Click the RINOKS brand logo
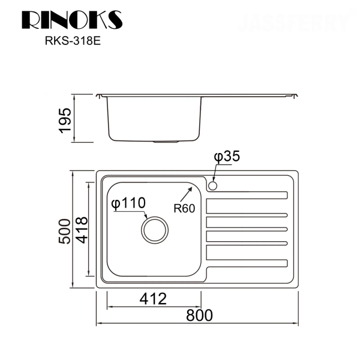coord(72,19)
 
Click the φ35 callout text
coord(227,157)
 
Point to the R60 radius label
coord(184,209)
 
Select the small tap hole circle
coord(212,187)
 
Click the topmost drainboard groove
coord(248,194)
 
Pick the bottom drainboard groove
coord(248,263)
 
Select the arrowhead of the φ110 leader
coord(146,218)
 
